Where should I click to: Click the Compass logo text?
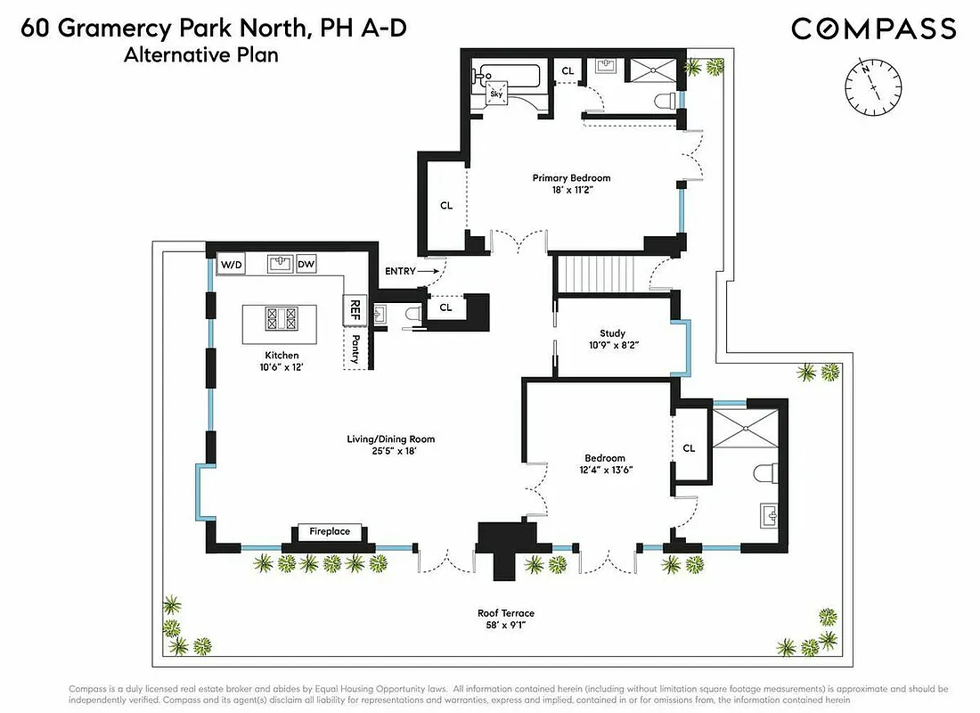[x=873, y=29]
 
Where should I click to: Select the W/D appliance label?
[x=232, y=264]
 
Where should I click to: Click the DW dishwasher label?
[x=306, y=264]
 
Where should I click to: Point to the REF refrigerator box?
[x=355, y=309]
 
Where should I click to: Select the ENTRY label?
[x=400, y=271]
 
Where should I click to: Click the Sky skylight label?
[x=496, y=94]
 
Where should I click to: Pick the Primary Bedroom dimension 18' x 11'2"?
[x=571, y=191]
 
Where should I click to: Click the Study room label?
[x=612, y=334]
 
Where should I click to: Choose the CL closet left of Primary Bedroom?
[x=446, y=205]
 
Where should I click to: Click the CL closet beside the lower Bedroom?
[x=689, y=448]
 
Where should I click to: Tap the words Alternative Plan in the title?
[x=201, y=55]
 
